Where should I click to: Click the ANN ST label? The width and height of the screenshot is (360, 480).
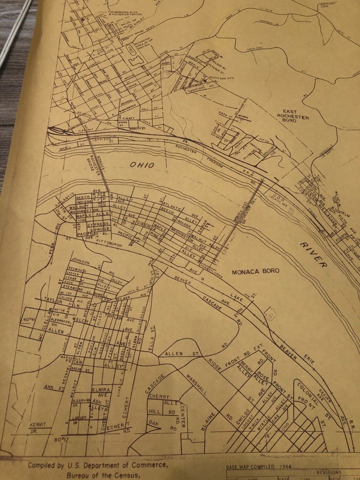51,387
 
